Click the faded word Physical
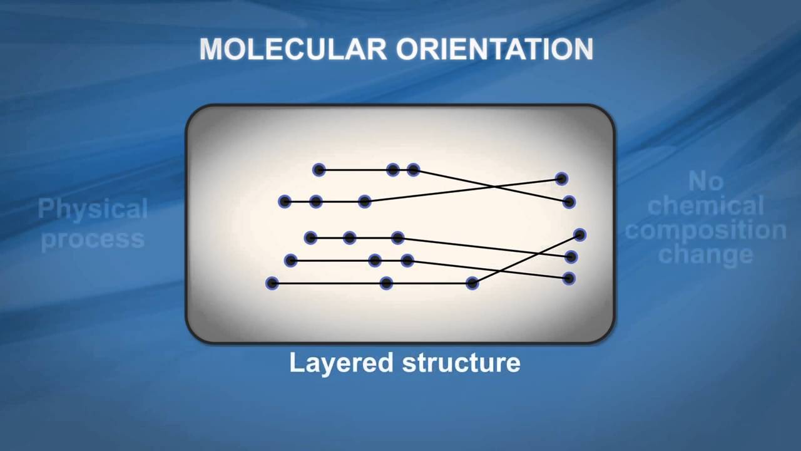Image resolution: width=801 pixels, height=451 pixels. click(x=93, y=209)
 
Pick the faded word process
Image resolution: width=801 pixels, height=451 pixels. click(x=93, y=239)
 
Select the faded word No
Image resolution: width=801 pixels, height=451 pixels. click(x=706, y=182)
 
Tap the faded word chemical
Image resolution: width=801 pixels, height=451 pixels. click(x=706, y=206)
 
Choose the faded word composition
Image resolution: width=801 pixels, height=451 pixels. click(x=706, y=230)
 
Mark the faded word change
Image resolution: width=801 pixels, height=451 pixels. click(x=706, y=254)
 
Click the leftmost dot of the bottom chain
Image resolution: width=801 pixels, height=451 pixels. click(x=272, y=283)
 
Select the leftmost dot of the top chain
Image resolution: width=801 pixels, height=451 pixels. click(x=319, y=169)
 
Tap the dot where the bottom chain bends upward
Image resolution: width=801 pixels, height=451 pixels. click(x=472, y=283)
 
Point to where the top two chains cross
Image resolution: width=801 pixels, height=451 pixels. click(x=494, y=186)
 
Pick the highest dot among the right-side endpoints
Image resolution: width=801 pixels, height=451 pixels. click(x=561, y=179)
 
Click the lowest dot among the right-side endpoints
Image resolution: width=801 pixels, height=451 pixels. click(x=569, y=278)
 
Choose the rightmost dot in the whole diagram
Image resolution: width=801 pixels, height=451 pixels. click(x=579, y=235)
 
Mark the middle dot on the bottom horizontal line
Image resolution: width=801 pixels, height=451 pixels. click(x=386, y=283)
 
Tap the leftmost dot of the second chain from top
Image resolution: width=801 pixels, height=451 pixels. click(x=285, y=201)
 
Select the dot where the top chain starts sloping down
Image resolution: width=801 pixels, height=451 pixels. click(x=413, y=169)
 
